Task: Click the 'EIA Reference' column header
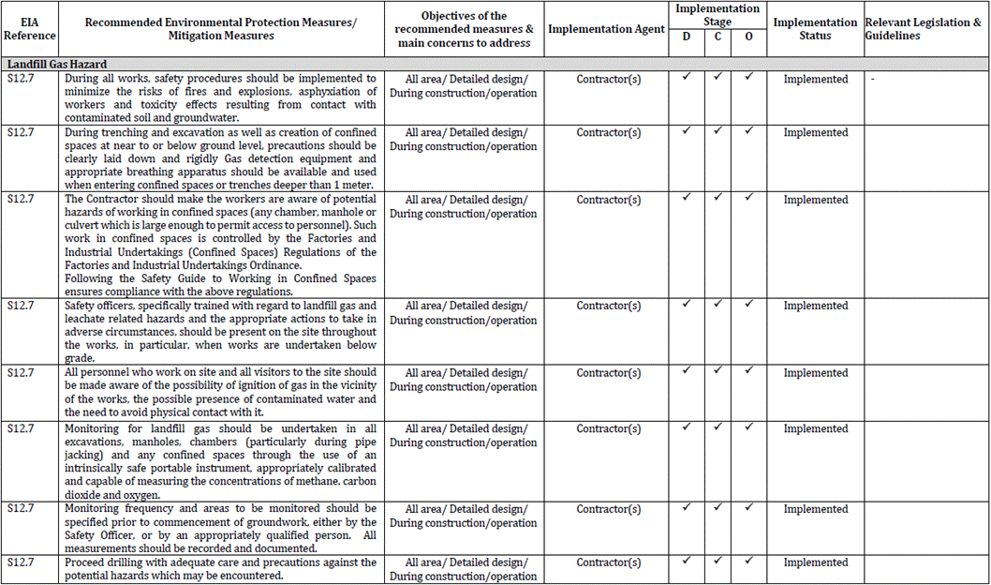(29, 29)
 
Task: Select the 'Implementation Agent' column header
(606, 29)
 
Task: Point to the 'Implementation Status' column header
(814, 29)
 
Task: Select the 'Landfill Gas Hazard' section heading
(57, 64)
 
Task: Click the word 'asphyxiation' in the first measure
(332, 92)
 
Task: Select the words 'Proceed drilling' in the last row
(101, 562)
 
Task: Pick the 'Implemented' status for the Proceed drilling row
(815, 562)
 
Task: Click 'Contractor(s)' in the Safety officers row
(608, 307)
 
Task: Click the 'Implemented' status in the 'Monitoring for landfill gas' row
(815, 429)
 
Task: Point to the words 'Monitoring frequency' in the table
(111, 510)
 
